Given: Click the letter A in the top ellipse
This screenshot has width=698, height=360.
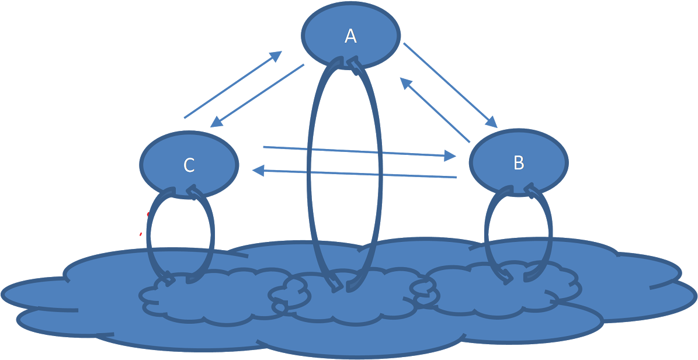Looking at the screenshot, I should click(350, 36).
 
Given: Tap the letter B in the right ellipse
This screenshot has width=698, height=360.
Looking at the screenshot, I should click(518, 163).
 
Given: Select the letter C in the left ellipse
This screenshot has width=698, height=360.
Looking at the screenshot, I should click(189, 166).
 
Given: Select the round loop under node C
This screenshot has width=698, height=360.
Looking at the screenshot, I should click(149, 234).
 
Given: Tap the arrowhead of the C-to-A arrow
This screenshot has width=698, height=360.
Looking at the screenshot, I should click(276, 55).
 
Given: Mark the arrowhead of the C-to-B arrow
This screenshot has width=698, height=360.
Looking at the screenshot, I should click(450, 155).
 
